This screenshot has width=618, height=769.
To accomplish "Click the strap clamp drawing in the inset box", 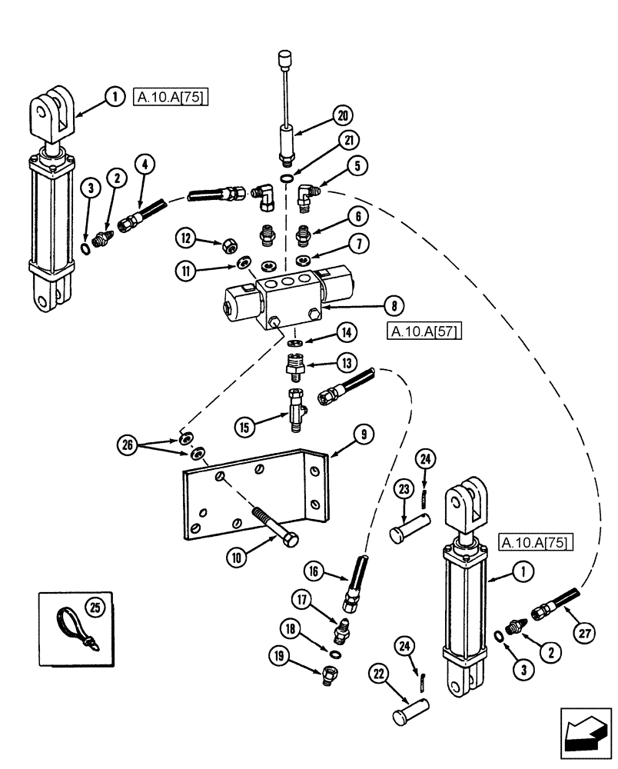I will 75,624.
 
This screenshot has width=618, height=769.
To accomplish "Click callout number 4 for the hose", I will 144,163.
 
